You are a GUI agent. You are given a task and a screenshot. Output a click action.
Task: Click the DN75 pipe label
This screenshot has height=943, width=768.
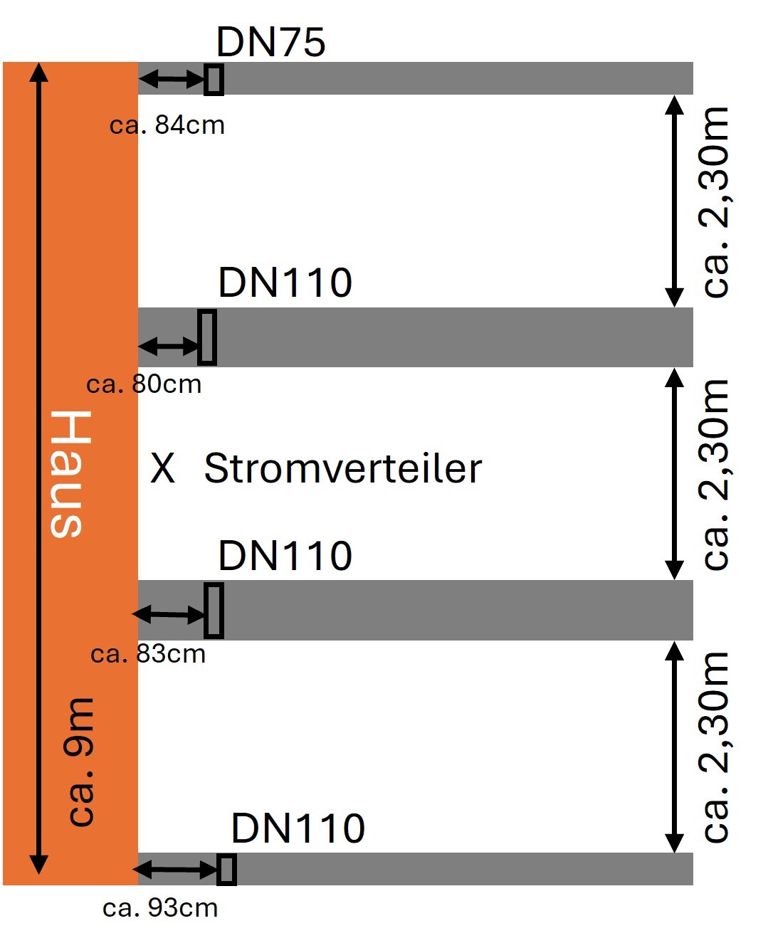tap(270, 42)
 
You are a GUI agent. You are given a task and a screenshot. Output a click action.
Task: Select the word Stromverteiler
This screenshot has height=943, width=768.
tap(343, 468)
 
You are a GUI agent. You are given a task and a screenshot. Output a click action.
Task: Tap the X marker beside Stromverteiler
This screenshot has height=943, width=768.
tap(163, 468)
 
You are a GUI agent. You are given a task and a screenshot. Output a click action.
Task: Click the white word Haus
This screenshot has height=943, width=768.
tap(70, 473)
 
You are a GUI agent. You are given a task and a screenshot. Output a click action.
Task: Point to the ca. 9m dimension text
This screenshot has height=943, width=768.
tap(80, 762)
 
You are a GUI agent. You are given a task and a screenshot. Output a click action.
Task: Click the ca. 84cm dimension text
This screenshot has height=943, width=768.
tap(167, 125)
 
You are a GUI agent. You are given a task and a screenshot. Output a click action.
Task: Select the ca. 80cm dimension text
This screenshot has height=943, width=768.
tap(144, 384)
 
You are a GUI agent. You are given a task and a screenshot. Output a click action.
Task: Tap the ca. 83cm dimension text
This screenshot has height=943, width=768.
tap(148, 654)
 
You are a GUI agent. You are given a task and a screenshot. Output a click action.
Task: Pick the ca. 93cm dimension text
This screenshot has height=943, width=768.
tap(160, 908)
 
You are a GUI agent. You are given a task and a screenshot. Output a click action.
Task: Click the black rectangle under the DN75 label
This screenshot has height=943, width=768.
tap(214, 79)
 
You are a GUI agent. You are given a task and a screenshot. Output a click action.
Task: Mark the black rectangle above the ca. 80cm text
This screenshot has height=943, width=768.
tap(207, 337)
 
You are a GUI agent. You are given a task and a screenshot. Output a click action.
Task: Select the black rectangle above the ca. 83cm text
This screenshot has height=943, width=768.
tap(214, 610)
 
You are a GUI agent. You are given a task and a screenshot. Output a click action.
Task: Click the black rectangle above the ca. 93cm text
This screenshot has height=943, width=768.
tap(226, 869)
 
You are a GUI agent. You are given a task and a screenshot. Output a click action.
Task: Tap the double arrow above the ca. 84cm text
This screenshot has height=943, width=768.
tap(172, 79)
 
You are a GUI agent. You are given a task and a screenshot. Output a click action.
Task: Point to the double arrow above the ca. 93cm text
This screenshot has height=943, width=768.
tap(175, 869)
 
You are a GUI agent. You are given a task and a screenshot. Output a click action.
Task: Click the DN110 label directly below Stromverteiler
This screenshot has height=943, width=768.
tap(285, 556)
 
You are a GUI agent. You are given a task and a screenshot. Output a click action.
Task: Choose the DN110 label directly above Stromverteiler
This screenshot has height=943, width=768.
tap(285, 283)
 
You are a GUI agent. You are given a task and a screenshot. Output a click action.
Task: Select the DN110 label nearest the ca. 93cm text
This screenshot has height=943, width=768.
tap(298, 828)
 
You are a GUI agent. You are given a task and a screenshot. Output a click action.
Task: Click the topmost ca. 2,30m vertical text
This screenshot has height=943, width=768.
tap(715, 201)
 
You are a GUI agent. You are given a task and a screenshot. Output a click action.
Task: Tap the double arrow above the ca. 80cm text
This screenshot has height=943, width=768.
tap(168, 347)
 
